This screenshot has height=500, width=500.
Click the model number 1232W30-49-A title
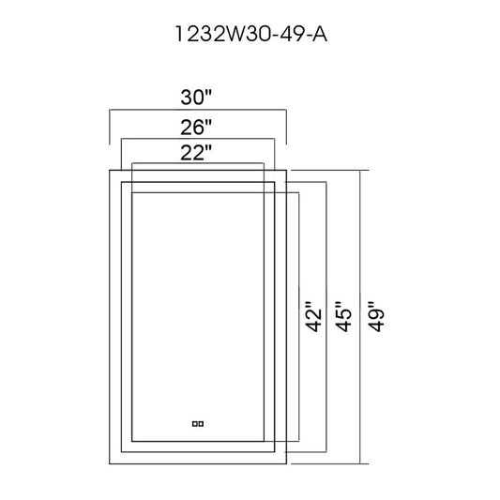(x=251, y=34)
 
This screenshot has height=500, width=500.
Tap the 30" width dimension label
(x=196, y=98)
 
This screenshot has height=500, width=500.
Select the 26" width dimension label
(x=196, y=128)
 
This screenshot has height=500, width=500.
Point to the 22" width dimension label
(x=196, y=153)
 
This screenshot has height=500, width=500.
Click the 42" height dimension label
(x=313, y=316)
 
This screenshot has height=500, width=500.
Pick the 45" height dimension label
(x=343, y=316)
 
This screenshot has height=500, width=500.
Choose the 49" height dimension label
(x=376, y=316)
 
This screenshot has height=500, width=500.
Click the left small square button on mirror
(x=194, y=424)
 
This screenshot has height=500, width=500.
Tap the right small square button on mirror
(x=201, y=424)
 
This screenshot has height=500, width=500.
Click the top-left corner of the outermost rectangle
(x=110, y=171)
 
